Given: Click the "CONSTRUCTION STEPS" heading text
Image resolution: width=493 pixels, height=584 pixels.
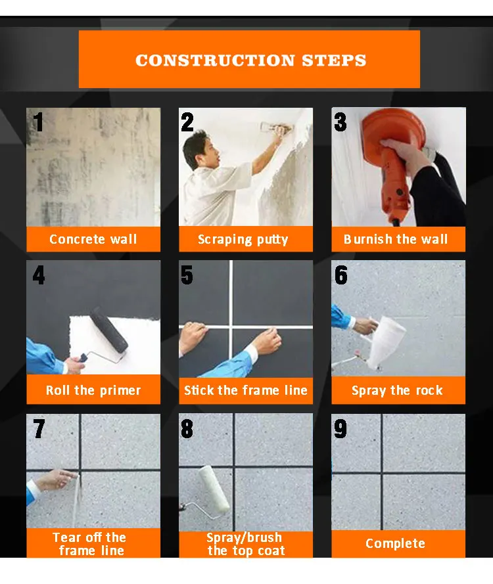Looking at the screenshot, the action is [x=251, y=60].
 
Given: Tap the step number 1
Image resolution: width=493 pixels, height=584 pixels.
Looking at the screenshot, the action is [x=38, y=122].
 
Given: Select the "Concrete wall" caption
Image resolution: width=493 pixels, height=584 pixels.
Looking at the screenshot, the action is [x=93, y=239].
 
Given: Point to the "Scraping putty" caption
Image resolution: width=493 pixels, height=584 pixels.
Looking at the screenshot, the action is [x=243, y=240].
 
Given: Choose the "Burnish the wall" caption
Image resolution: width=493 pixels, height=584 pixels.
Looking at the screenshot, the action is [x=395, y=239].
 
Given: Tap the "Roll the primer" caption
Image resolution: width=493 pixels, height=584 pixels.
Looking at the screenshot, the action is [x=93, y=390].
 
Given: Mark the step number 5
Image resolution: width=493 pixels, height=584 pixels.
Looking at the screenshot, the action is [x=187, y=275].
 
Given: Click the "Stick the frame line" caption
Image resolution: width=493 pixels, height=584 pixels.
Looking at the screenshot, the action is [x=246, y=390].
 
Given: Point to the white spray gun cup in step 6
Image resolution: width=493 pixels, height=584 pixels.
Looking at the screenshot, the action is [x=385, y=342].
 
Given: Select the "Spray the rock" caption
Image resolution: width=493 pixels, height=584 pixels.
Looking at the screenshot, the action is [x=397, y=390].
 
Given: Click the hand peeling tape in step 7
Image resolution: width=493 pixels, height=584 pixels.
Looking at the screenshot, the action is [x=57, y=480].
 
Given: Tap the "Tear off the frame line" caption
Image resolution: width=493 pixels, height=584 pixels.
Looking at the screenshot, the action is [x=90, y=544].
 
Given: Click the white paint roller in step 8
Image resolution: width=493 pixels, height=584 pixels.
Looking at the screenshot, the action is [x=214, y=489].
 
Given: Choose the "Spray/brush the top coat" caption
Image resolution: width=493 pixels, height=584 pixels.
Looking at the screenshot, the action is [x=245, y=544].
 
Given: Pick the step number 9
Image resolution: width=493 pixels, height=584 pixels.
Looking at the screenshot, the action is [x=340, y=428].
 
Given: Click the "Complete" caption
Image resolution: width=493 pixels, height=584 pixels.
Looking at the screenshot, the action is [x=395, y=543].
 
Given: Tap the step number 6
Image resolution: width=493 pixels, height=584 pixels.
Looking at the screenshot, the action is [x=340, y=275].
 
